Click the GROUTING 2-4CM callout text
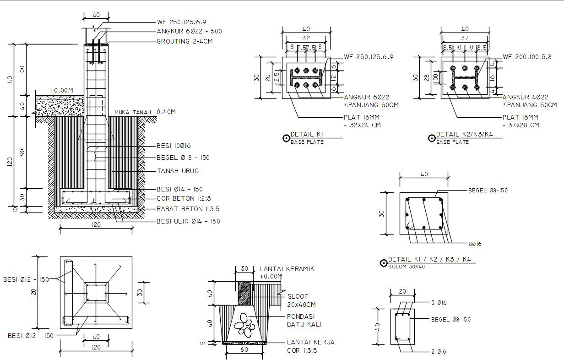pos(184,41)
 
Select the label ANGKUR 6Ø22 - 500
pos(189,32)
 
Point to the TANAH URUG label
pos(178,171)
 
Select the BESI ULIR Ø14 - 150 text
pos(188,221)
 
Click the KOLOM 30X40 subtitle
pos(406,267)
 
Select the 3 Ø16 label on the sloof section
pos(439,303)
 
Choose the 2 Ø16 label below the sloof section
pos(439,352)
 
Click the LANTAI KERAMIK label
pos(287,269)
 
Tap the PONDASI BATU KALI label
pos(304,320)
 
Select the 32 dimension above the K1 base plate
pos(305,38)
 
